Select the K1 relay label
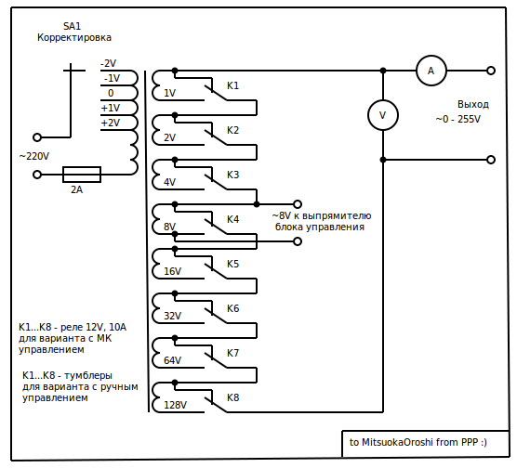tap(232, 85)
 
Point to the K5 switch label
tap(232, 264)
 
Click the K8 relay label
tap(232, 397)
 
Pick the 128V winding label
tap(175, 405)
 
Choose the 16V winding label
tap(172, 271)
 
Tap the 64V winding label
tap(172, 360)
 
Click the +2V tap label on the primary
tap(111, 123)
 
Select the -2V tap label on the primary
tap(109, 63)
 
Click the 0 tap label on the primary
tap(111, 93)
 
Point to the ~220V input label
tap(34, 156)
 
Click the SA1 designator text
tap(72, 26)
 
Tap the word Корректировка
tap(74, 37)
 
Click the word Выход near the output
tap(473, 104)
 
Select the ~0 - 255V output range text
tap(458, 119)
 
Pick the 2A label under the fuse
tap(77, 189)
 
